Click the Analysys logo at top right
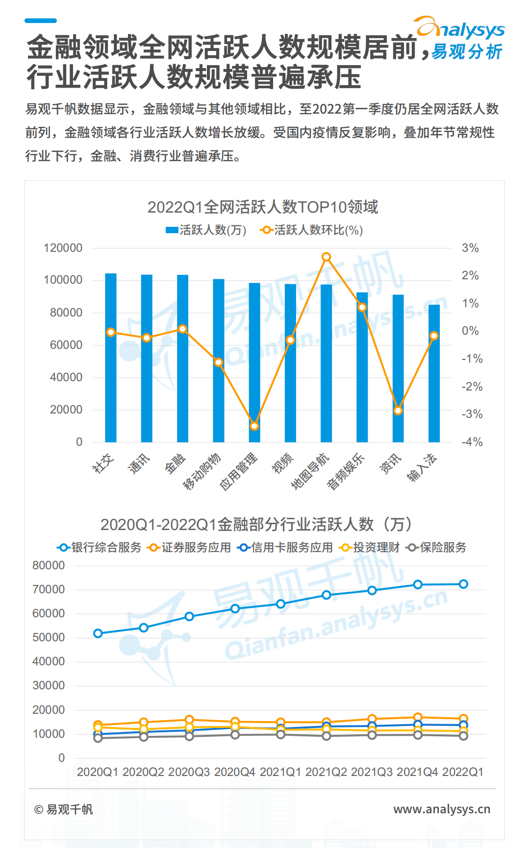pyautogui.click(x=460, y=38)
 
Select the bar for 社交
pyautogui.click(x=111, y=358)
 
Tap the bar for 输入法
pyautogui.click(x=434, y=373)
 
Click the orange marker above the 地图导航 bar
pyautogui.click(x=326, y=257)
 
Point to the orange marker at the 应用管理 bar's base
pyautogui.click(x=254, y=426)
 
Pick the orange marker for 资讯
pyautogui.click(x=398, y=411)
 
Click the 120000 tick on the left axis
pyautogui.click(x=63, y=248)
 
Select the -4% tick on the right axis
pyautogui.click(x=472, y=442)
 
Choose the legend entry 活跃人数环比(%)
pyautogui.click(x=312, y=230)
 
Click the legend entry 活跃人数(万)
pyautogui.click(x=206, y=230)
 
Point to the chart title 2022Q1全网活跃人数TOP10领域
pyautogui.click(x=263, y=207)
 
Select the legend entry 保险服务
pyautogui.click(x=437, y=547)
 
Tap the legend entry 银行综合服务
pyautogui.click(x=100, y=547)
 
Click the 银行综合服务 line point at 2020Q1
pyautogui.click(x=98, y=633)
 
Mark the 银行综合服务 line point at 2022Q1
pyautogui.click(x=463, y=584)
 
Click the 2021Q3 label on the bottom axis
pyautogui.click(x=372, y=772)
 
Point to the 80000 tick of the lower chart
pyautogui.click(x=49, y=565)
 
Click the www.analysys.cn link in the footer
pyautogui.click(x=441, y=809)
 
